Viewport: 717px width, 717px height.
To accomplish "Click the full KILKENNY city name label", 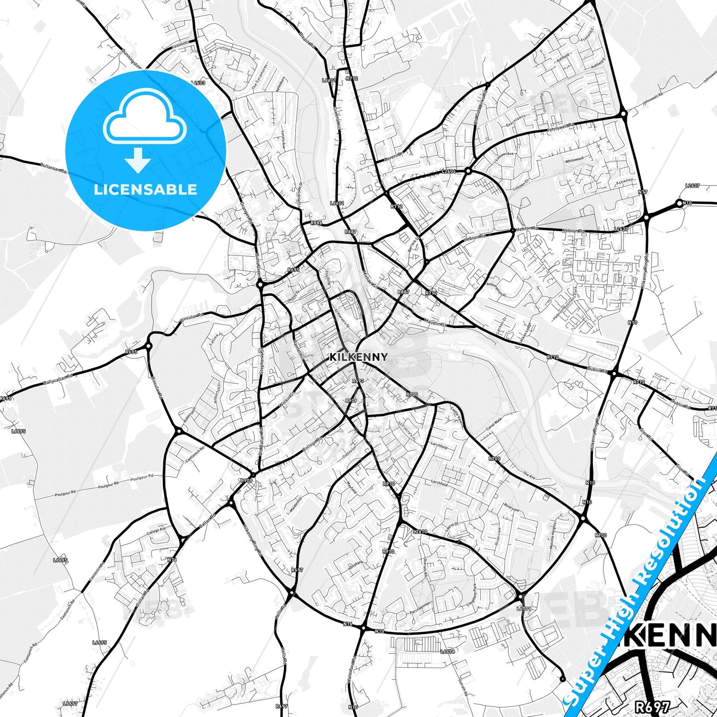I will click(358, 357).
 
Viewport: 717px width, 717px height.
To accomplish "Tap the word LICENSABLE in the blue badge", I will click(145, 189).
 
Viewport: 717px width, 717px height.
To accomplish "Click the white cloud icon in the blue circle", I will click(145, 118).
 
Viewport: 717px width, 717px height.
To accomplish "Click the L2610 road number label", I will click(420, 531).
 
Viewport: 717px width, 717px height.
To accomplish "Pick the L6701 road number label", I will click(524, 608).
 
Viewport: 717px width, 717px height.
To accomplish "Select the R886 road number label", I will click(316, 223).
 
